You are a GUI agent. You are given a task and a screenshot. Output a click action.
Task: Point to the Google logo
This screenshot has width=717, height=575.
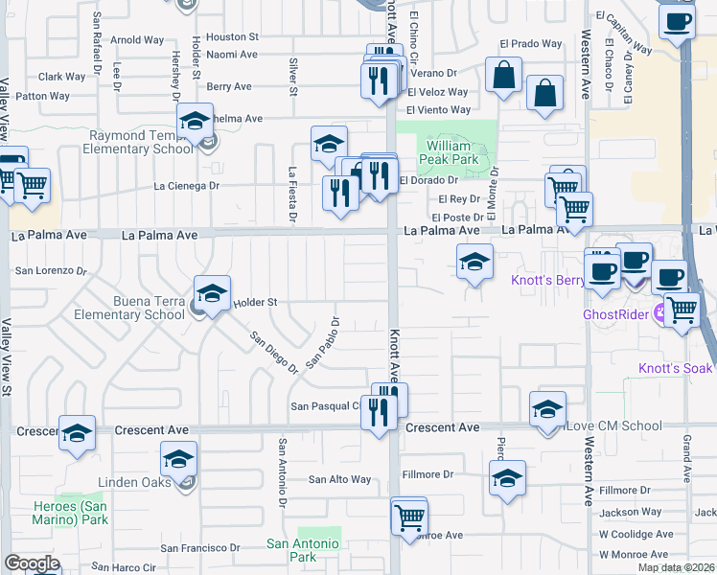click(32, 563)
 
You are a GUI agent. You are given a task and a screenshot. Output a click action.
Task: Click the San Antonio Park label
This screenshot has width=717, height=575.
click(303, 550)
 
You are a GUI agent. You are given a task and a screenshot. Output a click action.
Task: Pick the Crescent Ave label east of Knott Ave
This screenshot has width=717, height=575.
click(442, 426)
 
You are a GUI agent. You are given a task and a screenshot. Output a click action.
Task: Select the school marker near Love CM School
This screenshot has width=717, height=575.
click(547, 409)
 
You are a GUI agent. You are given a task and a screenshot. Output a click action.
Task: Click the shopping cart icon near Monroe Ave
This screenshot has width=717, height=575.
click(409, 517)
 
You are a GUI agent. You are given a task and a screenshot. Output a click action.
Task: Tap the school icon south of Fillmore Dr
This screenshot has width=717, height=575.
click(507, 478)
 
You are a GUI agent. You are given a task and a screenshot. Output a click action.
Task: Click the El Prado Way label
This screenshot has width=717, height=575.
click(531, 44)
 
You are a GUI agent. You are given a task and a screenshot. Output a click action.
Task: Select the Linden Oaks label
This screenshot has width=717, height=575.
click(134, 482)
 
